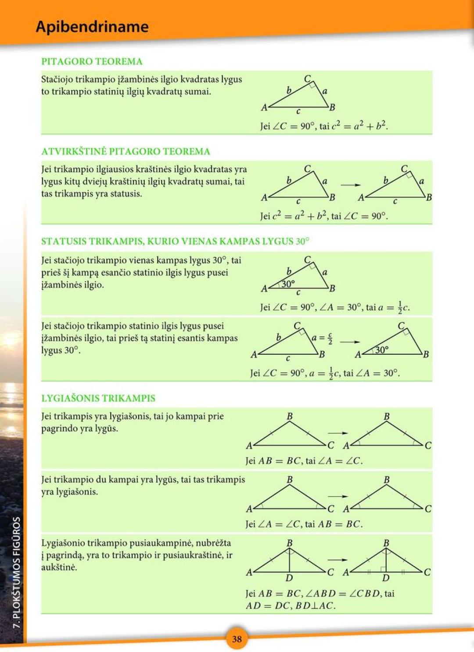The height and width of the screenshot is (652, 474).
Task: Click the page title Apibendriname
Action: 92,27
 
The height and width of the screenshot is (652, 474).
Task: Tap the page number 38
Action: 237,639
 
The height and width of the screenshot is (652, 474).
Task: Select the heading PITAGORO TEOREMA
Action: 92,61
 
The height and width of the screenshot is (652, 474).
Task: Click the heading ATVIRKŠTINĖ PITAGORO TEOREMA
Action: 126,151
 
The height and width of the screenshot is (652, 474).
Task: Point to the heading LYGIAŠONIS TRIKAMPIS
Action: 98,398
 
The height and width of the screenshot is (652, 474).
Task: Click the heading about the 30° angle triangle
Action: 175,241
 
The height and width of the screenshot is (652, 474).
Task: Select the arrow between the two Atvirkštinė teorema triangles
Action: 350,185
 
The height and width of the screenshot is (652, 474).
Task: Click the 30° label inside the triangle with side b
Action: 288,284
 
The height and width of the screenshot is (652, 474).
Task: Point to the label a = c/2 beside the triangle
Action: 322,339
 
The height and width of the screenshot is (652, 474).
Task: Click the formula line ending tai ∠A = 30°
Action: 325,373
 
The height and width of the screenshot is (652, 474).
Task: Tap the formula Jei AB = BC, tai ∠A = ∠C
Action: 304,461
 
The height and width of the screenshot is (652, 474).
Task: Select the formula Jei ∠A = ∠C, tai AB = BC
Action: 304,524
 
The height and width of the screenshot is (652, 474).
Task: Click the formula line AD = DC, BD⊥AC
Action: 291,605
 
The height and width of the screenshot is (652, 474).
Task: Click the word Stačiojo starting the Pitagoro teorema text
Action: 57,79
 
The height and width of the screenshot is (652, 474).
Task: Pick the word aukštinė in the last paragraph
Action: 59,567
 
